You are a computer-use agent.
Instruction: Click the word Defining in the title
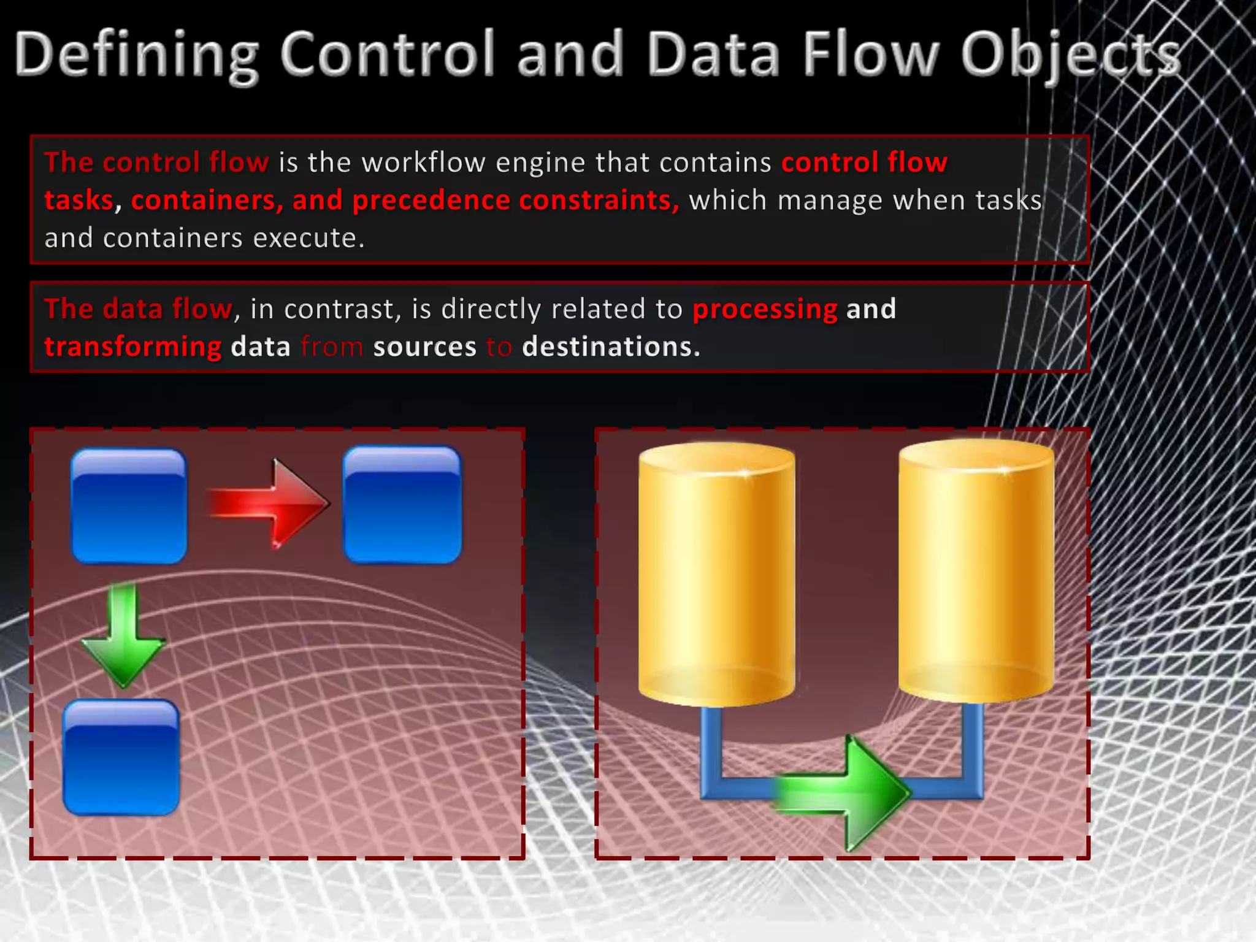coord(136,55)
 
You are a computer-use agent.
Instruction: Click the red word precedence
coord(431,201)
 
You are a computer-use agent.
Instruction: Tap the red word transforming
coord(132,347)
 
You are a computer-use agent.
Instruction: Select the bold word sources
coord(424,347)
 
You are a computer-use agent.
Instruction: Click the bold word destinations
coord(611,347)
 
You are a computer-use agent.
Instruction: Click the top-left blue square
coord(129,506)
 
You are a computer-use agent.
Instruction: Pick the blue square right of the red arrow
coord(402,505)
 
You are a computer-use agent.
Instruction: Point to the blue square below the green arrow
coord(121,757)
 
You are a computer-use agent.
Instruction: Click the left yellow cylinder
coord(716,573)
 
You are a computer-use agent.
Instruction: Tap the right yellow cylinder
coord(976,570)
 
